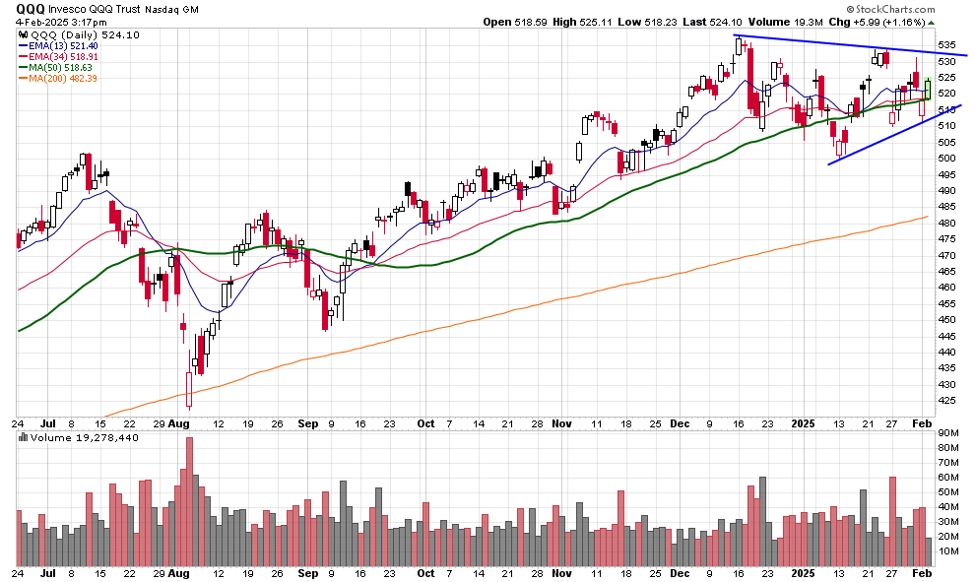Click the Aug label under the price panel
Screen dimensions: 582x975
coord(177,423)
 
